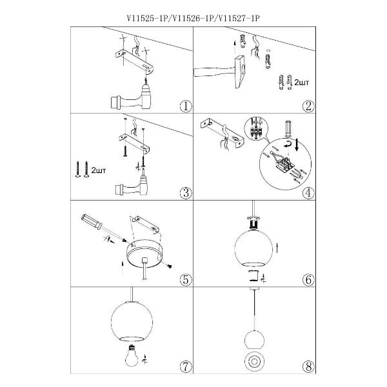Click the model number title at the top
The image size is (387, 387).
pyautogui.click(x=193, y=19)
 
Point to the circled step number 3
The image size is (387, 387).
pyautogui.click(x=184, y=192)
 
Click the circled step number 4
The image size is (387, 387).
pyautogui.click(x=310, y=192)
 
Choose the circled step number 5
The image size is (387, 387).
pyautogui.click(x=184, y=279)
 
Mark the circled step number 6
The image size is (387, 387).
pyautogui.click(x=310, y=279)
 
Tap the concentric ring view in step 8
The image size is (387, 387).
pyautogui.click(x=253, y=362)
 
